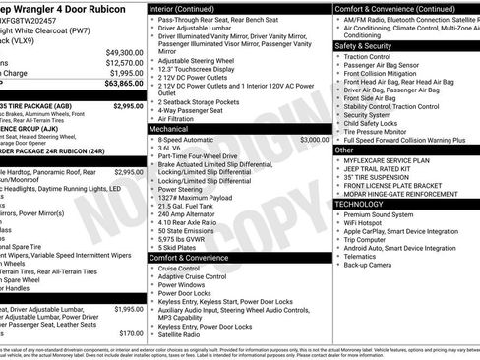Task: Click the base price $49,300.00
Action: [123, 52]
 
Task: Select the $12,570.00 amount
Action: [123, 62]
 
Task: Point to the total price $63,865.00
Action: [121, 85]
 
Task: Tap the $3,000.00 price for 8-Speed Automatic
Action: [314, 141]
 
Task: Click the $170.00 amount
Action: [131, 333]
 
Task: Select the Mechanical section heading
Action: [169, 128]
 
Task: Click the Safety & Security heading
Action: [363, 45]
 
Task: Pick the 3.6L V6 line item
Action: [173, 150]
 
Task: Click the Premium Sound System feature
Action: [379, 214]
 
